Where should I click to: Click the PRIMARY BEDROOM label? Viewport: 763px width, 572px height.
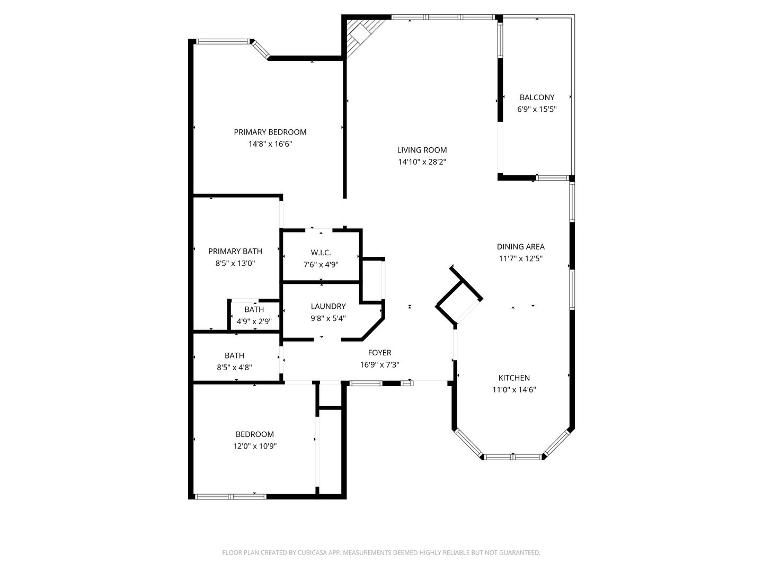tap(270, 132)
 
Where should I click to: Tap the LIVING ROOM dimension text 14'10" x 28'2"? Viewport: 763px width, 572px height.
tap(422, 162)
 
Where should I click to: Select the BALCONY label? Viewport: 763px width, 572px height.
tap(537, 97)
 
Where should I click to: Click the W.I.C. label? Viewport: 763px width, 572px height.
tap(321, 253)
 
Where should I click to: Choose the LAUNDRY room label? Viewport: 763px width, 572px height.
tap(328, 306)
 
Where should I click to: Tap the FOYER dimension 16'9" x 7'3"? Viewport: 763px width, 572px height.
tap(379, 364)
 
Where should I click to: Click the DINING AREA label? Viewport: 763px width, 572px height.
tap(520, 246)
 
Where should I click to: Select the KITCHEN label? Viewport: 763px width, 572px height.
tap(514, 378)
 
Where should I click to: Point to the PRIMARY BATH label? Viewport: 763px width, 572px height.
tap(235, 251)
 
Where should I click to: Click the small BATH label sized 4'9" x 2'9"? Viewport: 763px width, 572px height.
tap(254, 309)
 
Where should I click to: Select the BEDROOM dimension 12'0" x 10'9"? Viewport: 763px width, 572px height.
tap(255, 446)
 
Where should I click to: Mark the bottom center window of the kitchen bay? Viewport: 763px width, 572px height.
tap(513, 456)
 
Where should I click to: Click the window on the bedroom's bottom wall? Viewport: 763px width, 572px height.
tap(230, 496)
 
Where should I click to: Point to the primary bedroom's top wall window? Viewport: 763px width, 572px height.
tap(223, 41)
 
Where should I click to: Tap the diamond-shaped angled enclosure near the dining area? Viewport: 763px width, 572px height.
tap(459, 296)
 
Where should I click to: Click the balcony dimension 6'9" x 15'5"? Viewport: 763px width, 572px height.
tap(537, 109)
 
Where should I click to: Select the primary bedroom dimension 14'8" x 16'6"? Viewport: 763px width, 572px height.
tap(270, 144)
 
